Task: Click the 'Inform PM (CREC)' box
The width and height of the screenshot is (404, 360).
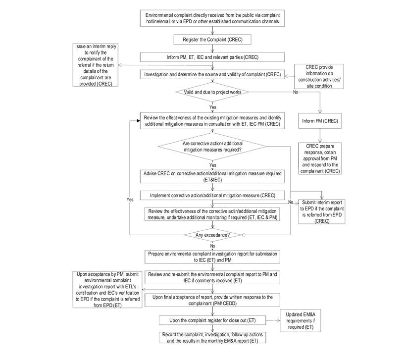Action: click(320, 120)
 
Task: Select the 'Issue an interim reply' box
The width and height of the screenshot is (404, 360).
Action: click(94, 65)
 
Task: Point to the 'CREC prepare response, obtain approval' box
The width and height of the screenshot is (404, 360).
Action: click(320, 157)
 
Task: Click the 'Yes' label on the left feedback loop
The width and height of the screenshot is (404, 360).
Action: click(130, 200)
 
